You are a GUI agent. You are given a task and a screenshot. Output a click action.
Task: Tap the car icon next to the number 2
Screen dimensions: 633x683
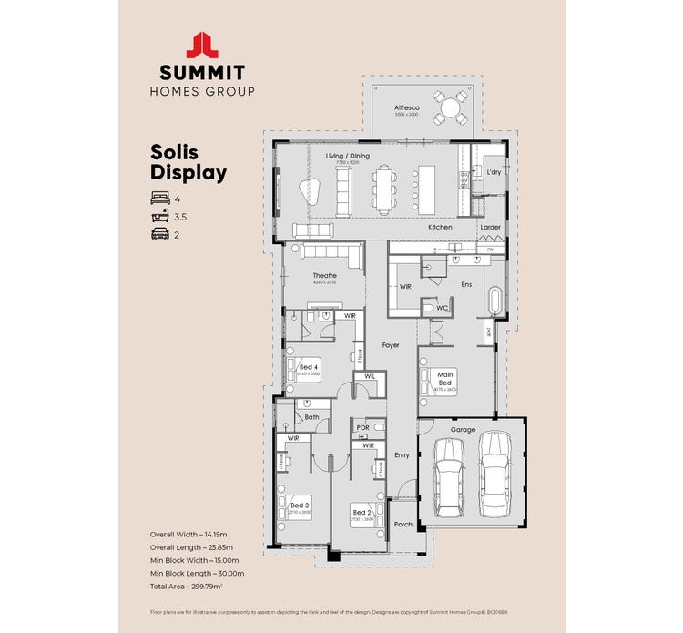(159, 235)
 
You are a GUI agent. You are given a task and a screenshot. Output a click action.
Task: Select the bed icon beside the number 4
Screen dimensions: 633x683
(159, 198)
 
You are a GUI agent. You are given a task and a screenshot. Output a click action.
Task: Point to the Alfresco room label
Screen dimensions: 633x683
(406, 106)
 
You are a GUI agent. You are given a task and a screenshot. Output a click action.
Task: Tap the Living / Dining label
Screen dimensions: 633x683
(348, 156)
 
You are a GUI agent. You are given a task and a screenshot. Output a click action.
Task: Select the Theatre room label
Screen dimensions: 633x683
(325, 275)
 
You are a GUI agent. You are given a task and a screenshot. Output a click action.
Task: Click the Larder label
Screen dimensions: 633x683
(491, 227)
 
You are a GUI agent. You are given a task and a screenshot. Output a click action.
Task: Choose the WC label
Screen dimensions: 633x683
(442, 308)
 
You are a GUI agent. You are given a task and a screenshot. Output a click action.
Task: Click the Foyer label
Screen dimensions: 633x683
(391, 345)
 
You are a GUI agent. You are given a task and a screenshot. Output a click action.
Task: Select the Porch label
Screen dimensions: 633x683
(403, 525)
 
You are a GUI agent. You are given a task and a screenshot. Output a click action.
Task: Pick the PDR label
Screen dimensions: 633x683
(362, 427)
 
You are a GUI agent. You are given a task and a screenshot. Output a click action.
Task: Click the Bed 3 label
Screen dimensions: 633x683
(301, 505)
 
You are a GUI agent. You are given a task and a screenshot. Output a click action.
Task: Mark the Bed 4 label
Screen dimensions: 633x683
(308, 367)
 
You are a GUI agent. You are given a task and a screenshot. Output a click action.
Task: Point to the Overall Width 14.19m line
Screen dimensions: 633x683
(192, 533)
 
